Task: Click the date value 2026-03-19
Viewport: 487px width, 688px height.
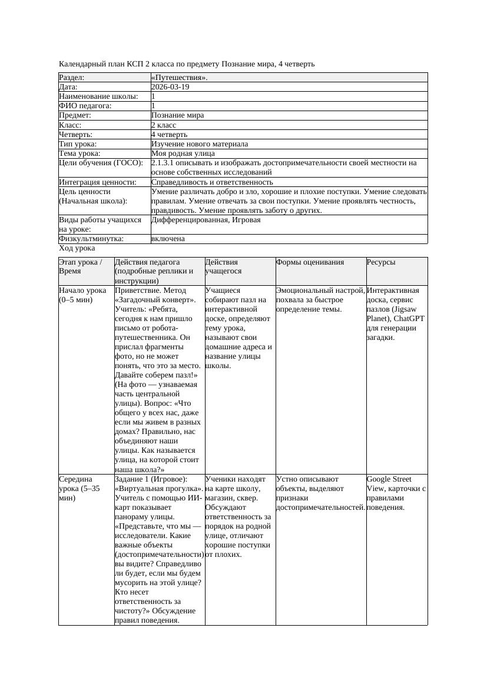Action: pos(170,87)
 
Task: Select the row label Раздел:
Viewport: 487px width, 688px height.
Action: pos(72,78)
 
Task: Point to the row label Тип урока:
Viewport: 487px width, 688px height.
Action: pos(78,144)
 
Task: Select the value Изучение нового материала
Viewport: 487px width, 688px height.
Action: pos(200,144)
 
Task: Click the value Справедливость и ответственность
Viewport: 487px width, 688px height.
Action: pos(212,182)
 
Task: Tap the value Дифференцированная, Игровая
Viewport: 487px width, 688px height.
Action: pos(206,220)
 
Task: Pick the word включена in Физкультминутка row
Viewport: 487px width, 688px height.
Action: pos(168,239)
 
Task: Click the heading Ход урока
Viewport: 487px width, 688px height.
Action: pos(77,248)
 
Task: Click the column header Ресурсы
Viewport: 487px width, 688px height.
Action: pos(381,262)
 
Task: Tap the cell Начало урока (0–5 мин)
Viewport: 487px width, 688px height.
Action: pos(83,295)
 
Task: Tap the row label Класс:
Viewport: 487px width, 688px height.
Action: pos(70,125)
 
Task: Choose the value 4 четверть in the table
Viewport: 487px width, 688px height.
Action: pos(170,135)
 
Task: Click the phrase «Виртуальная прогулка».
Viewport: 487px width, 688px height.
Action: pos(159,489)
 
